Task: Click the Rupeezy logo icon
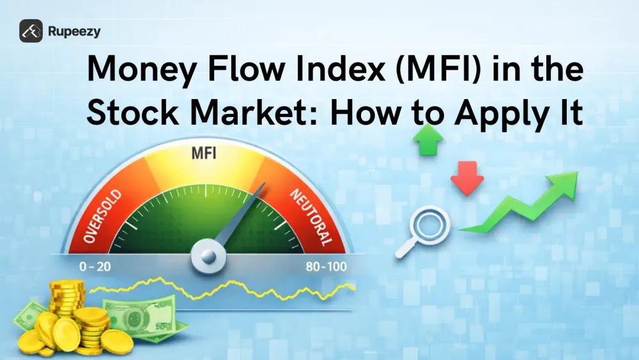(x=31, y=31)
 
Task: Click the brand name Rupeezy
(x=74, y=31)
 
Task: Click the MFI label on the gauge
(x=205, y=153)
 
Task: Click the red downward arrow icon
(x=467, y=178)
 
